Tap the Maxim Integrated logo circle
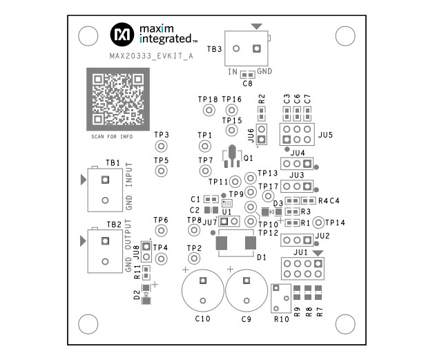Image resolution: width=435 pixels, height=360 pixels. tap(123, 32)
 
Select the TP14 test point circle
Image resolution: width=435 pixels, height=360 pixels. tap(318, 222)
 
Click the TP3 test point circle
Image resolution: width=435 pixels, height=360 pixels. tap(161, 146)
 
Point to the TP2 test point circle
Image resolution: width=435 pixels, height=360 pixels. tap(195, 258)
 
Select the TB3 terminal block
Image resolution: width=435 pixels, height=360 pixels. tap(247, 49)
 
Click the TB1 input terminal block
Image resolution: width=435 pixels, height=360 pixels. tap(104, 190)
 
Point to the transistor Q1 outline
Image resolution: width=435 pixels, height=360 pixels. tap(231, 157)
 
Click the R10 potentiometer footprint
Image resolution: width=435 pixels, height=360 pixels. tap(281, 298)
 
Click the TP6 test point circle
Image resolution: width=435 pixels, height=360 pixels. tap(161, 233)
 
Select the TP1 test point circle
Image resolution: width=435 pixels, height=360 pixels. tap(204, 146)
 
